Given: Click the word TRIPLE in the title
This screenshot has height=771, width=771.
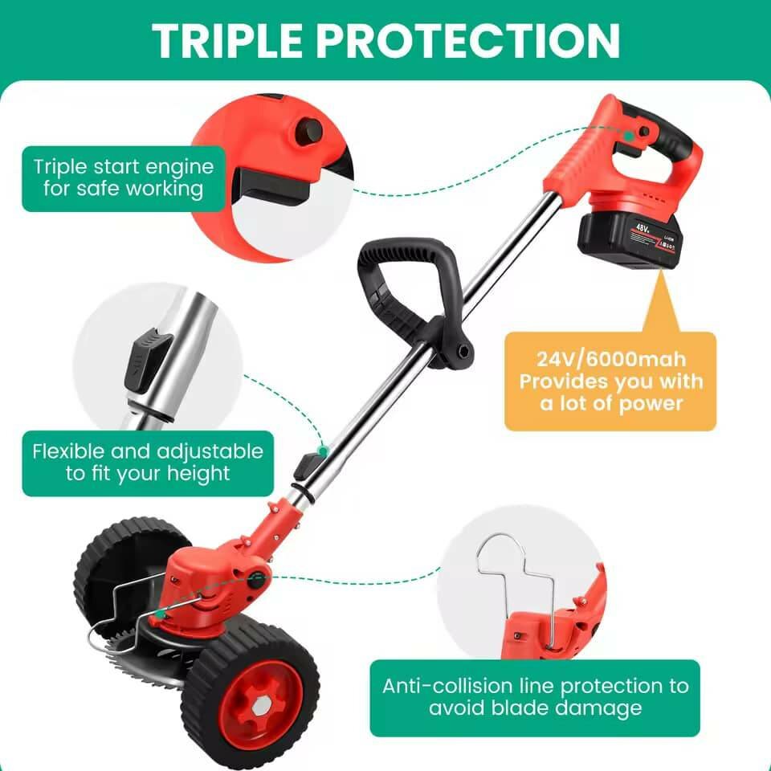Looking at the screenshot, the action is [227, 40].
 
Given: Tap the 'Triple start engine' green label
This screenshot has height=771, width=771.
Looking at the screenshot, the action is [124, 178].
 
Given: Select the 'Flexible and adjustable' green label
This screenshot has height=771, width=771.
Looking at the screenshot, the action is [148, 463].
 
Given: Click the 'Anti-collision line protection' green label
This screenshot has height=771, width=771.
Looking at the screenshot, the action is [535, 698].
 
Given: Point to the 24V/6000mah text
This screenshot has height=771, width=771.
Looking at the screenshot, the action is [610, 360].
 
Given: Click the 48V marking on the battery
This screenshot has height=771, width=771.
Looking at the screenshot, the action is [643, 228].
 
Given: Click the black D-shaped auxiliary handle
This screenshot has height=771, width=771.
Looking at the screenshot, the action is [413, 300].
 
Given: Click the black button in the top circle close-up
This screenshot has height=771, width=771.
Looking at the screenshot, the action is [308, 131].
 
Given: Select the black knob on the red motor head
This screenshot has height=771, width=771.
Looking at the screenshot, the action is [256, 581].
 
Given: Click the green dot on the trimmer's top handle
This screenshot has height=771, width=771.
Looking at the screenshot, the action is [628, 135].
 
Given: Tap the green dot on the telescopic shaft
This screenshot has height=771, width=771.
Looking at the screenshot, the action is [323, 451].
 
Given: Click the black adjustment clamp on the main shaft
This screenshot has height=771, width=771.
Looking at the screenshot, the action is [307, 468].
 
